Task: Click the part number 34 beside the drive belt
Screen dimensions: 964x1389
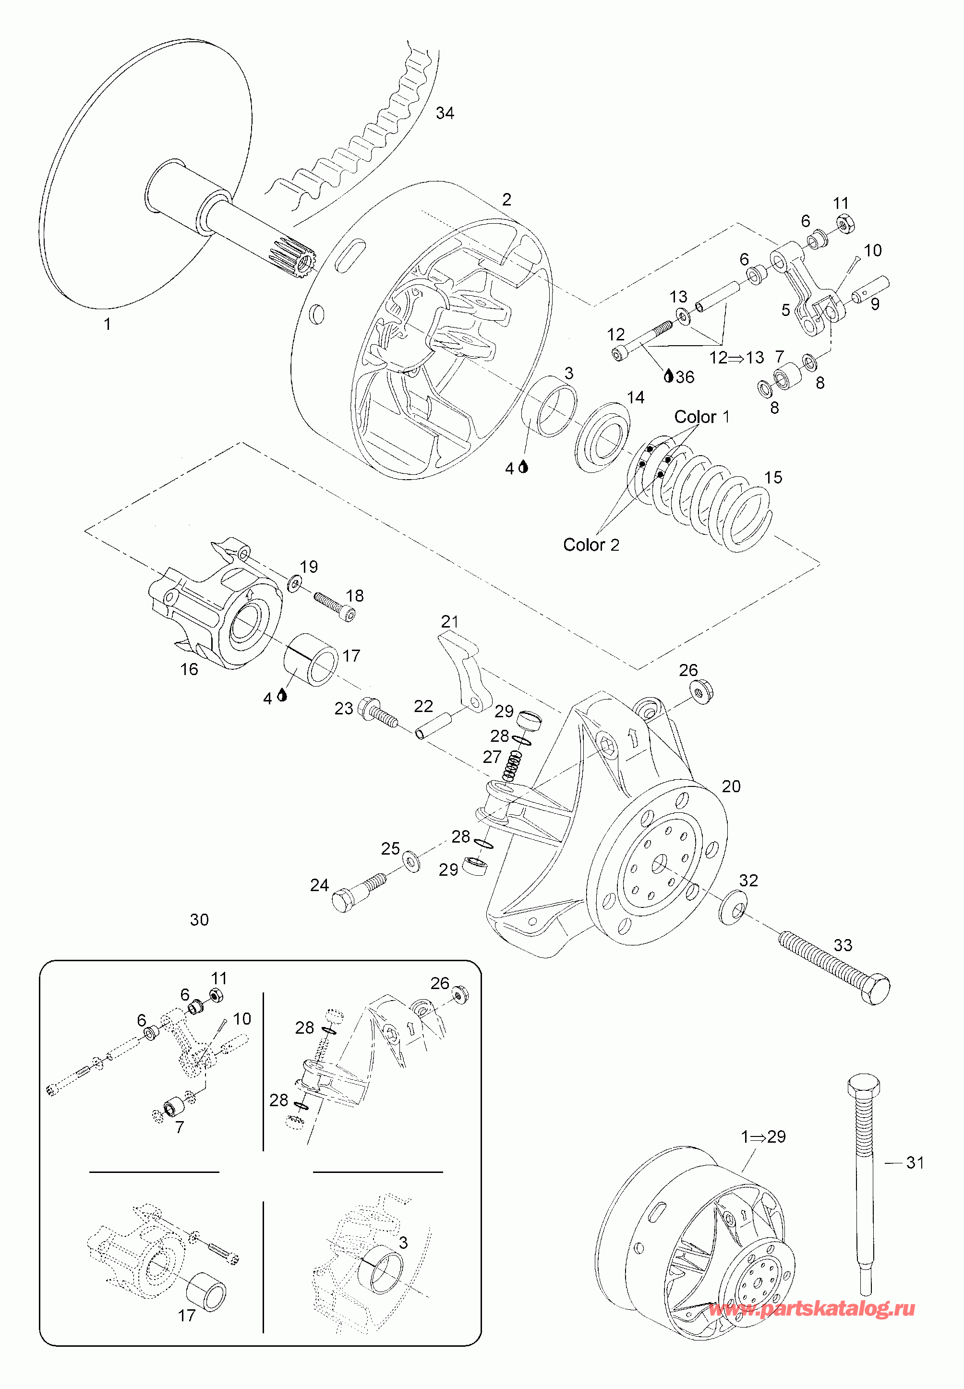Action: pos(445,113)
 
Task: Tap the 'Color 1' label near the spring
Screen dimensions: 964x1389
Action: pos(701,417)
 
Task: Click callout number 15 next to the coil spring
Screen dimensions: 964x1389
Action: pos(773,478)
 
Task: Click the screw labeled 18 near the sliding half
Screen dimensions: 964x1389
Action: pos(335,606)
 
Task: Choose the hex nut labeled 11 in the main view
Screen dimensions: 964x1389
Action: pos(844,224)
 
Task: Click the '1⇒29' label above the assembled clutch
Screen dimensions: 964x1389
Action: pos(763,1136)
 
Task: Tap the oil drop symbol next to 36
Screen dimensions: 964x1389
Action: pos(668,376)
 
